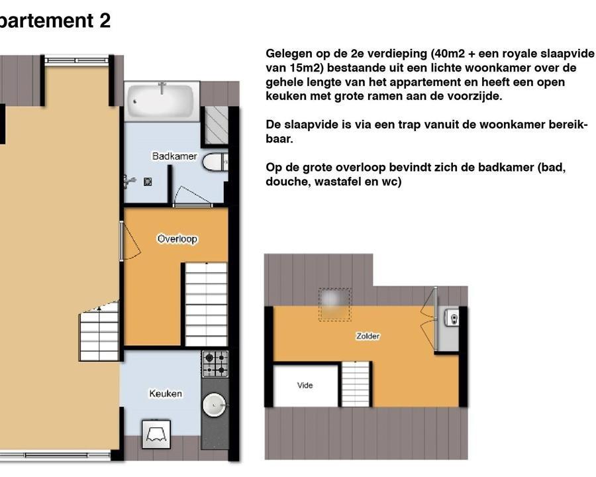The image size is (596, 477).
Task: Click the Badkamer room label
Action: [x=174, y=156]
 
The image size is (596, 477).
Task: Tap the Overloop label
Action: [x=177, y=239]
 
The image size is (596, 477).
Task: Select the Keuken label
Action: [x=166, y=394]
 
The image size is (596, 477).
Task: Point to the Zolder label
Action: [x=368, y=336]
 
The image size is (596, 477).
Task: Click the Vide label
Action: [x=305, y=386]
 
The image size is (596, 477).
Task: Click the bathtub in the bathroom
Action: [x=161, y=101]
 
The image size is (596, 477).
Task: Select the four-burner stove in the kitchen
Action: [x=215, y=364]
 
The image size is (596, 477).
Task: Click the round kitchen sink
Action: [x=214, y=405]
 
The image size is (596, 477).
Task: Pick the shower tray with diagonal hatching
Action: [x=217, y=125]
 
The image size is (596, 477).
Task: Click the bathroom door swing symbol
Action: [x=192, y=196]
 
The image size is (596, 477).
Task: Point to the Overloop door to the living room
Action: [x=130, y=241]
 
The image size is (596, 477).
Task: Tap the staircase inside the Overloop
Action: [x=206, y=304]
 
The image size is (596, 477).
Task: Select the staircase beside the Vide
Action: [x=356, y=384]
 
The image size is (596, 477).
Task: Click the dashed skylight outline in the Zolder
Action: [x=334, y=305]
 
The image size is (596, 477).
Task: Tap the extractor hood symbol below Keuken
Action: [x=156, y=435]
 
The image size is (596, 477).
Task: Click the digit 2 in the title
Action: [x=105, y=20]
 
